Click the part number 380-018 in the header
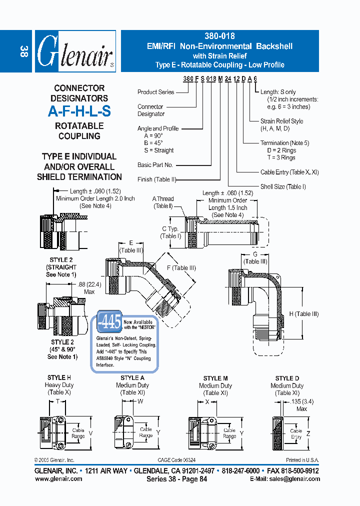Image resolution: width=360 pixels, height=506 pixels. click(x=219, y=36)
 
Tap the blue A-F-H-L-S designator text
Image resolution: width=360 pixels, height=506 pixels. click(x=79, y=111)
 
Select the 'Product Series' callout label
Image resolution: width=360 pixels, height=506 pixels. click(x=155, y=92)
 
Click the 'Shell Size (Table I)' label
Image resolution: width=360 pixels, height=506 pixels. click(x=283, y=186)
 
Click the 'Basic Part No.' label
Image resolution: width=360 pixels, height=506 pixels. click(x=155, y=164)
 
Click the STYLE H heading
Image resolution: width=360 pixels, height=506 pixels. click(x=59, y=377)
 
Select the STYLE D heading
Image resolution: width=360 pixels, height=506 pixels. click(x=287, y=378)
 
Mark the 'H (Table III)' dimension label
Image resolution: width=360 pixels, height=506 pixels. click(x=303, y=314)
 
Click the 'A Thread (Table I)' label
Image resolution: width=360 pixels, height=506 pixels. click(x=163, y=202)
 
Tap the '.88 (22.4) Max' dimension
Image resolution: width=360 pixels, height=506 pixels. click(x=82, y=288)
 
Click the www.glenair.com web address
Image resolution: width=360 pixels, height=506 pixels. click(x=58, y=478)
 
